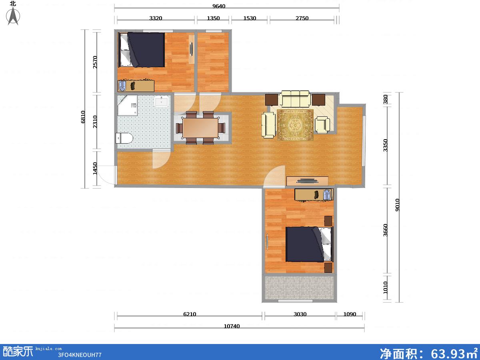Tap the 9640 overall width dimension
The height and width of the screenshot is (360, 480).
click(219, 6)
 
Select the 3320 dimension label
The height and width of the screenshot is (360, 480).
click(156, 18)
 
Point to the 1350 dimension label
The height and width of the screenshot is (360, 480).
click(213, 18)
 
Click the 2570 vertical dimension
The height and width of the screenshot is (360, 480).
click(95, 62)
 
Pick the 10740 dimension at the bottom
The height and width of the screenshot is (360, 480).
click(232, 326)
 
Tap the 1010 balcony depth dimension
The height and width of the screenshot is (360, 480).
click(385, 288)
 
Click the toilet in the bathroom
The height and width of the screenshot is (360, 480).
click(124, 138)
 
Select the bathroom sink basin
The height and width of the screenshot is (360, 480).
click(161, 102)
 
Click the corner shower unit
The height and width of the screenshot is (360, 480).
click(127, 105)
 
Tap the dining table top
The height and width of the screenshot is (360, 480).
click(200, 128)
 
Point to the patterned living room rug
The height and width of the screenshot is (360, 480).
click(295, 125)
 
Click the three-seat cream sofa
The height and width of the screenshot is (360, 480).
click(296, 99)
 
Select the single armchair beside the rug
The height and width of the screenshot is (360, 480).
click(322, 124)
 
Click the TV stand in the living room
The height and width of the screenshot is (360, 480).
click(307, 181)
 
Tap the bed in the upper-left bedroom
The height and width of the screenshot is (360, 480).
click(141, 50)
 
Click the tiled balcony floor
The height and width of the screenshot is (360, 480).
click(299, 288)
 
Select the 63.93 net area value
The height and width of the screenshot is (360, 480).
click(448, 354)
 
